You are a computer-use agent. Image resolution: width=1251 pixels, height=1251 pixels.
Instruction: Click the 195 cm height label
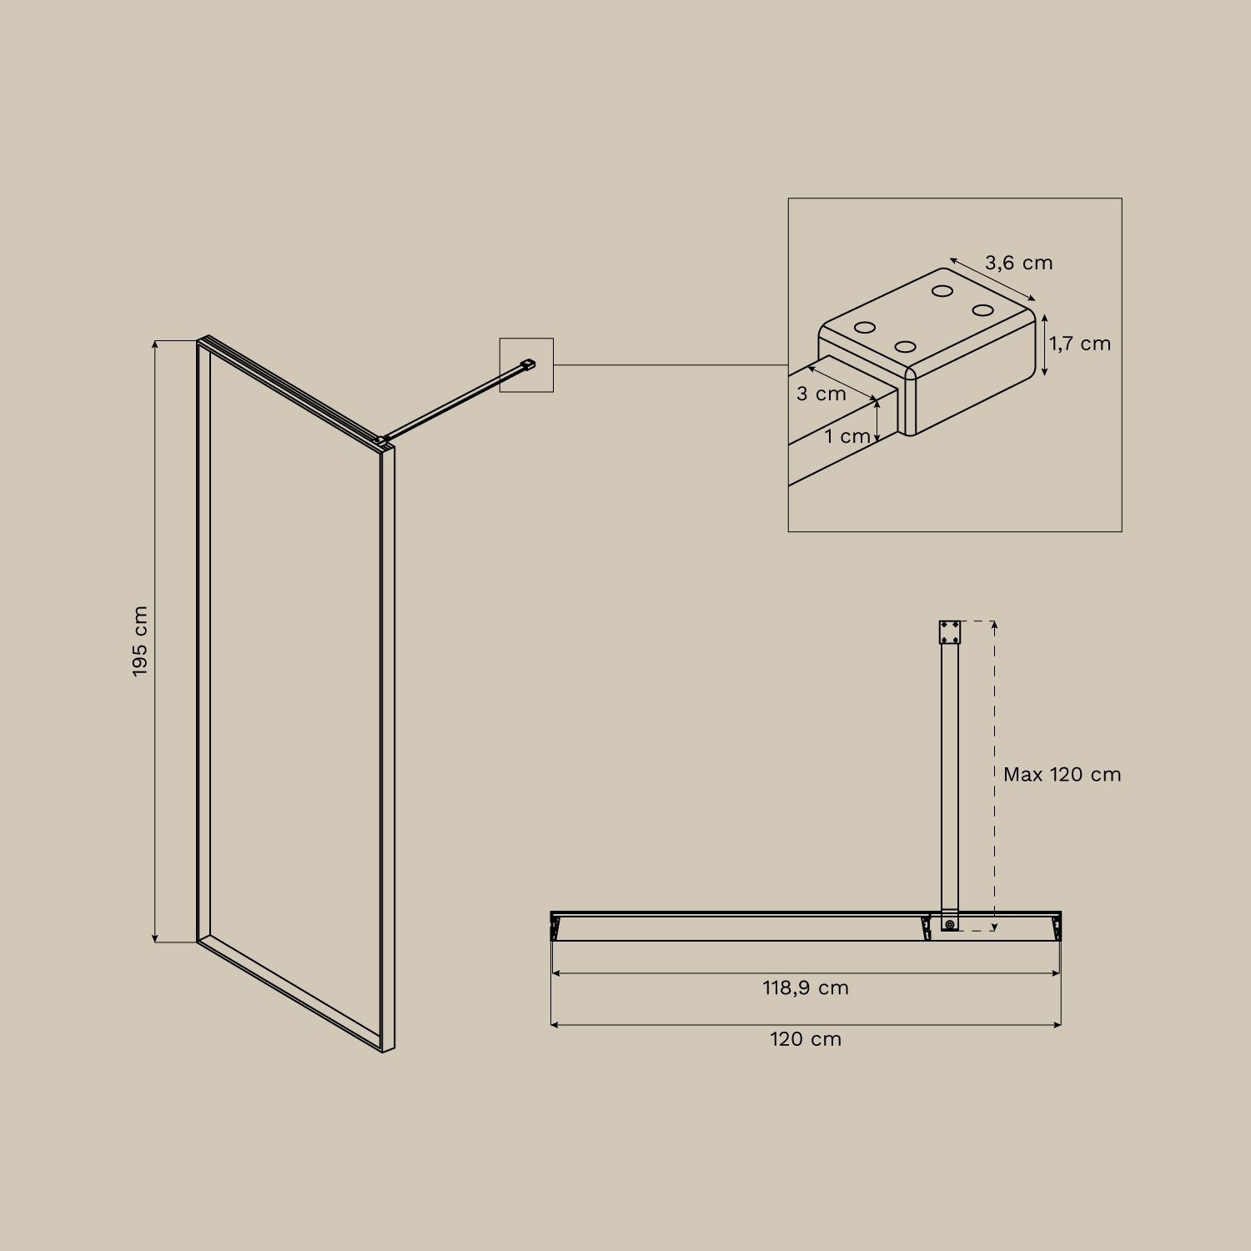(140, 641)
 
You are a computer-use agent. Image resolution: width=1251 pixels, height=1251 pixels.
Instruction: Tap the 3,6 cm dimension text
(1018, 264)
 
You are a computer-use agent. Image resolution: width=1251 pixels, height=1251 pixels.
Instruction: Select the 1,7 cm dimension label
(1080, 344)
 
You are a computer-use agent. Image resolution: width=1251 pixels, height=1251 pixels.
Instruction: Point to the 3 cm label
(821, 394)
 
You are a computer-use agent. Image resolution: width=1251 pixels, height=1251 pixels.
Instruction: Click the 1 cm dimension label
(847, 436)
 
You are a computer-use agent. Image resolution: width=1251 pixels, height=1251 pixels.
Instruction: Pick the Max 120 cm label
(1062, 775)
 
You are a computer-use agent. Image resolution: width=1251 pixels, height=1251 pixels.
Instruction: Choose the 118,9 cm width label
(805, 988)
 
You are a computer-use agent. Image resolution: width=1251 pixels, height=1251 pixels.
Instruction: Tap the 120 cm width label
(805, 1039)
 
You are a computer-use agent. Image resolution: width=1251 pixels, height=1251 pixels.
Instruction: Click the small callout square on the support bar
(526, 364)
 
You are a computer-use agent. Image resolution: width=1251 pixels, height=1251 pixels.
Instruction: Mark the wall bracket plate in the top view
(949, 632)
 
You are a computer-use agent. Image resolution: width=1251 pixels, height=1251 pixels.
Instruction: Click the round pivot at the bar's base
(949, 924)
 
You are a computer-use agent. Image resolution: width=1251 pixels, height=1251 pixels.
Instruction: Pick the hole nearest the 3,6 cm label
(943, 291)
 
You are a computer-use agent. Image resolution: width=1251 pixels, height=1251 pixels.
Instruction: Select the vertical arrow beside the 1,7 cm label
(1044, 344)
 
